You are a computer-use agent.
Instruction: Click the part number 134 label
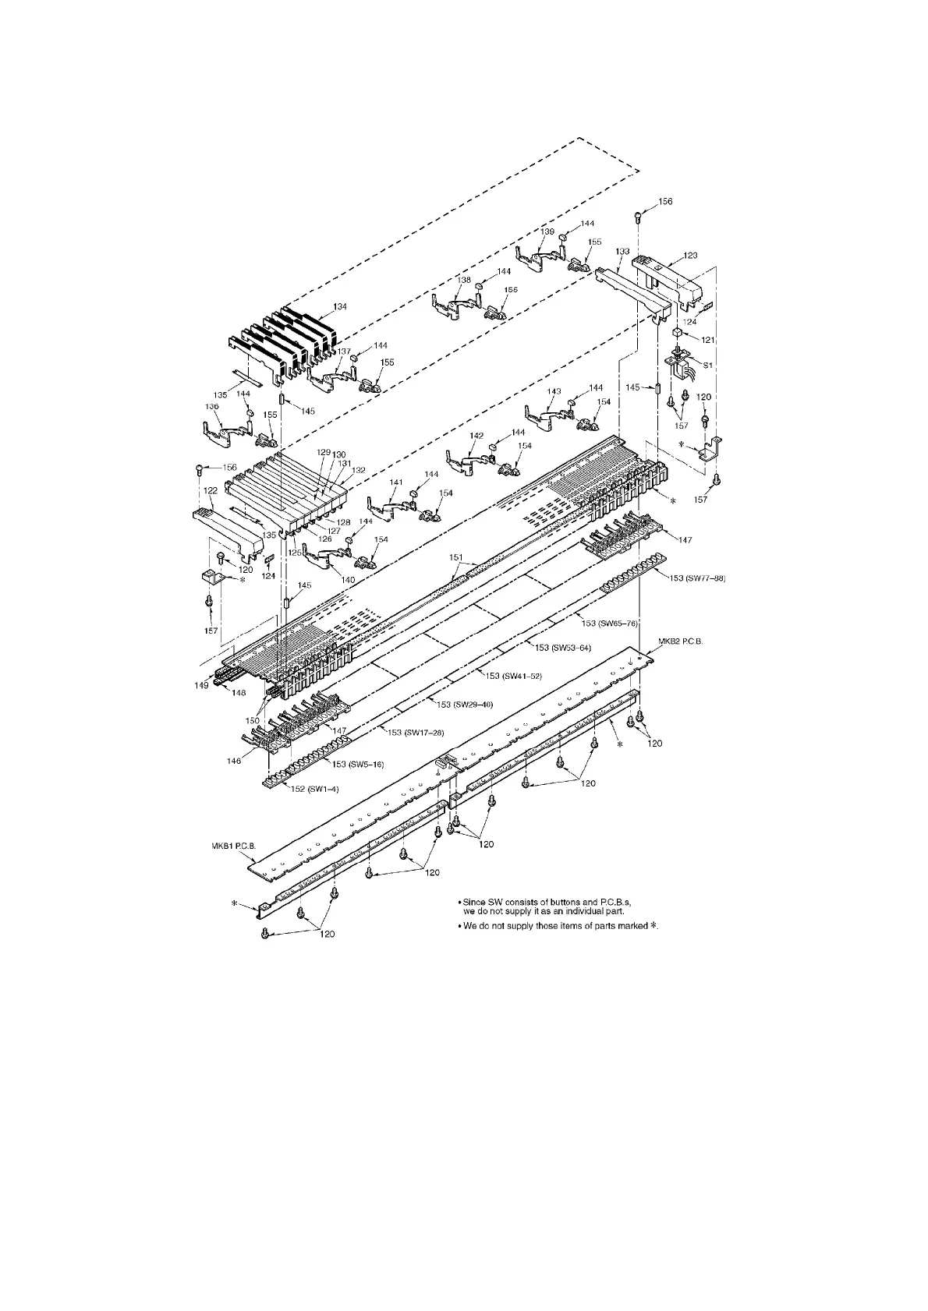[x=340, y=307]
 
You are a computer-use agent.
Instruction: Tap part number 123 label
[x=690, y=256]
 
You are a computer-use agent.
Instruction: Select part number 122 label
[x=211, y=491]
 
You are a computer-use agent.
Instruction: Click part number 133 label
[x=622, y=252]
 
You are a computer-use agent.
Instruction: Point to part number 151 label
[x=457, y=557]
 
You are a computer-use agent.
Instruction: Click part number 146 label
[x=234, y=761]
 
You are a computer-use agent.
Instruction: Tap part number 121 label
[x=707, y=340]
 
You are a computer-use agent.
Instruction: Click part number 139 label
[x=547, y=232]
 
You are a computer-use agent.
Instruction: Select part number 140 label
[x=347, y=579]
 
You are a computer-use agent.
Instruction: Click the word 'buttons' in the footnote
[x=560, y=902]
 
